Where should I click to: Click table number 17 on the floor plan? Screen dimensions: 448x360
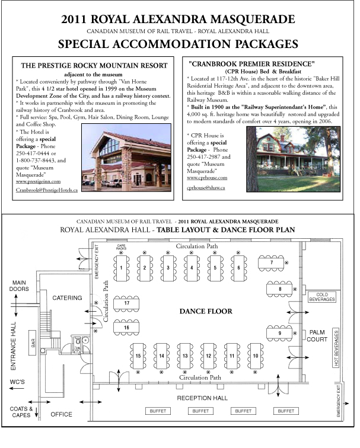[126, 303]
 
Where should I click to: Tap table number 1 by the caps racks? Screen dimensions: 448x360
[121, 268]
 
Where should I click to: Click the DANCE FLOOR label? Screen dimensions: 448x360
[205, 311]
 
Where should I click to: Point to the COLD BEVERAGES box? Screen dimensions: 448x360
[321, 297]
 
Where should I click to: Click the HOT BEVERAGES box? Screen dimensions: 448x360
[336, 348]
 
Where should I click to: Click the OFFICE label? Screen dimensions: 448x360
[61, 414]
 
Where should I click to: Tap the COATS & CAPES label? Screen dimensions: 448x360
[18, 411]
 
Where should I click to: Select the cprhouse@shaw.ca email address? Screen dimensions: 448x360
[206, 187]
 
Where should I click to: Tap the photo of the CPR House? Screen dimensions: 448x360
[293, 158]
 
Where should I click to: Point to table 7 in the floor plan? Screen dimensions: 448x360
[271, 262]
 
